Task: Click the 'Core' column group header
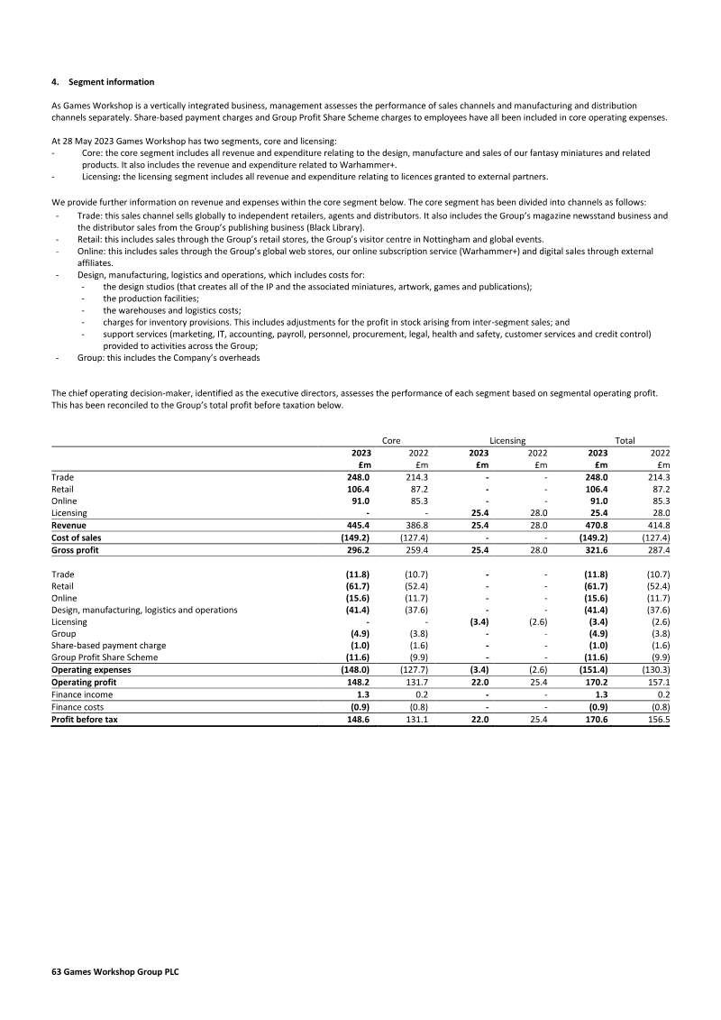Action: [x=391, y=440]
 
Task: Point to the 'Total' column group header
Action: [x=625, y=440]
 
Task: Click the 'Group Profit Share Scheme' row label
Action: [x=105, y=657]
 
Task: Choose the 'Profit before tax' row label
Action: [x=85, y=720]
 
